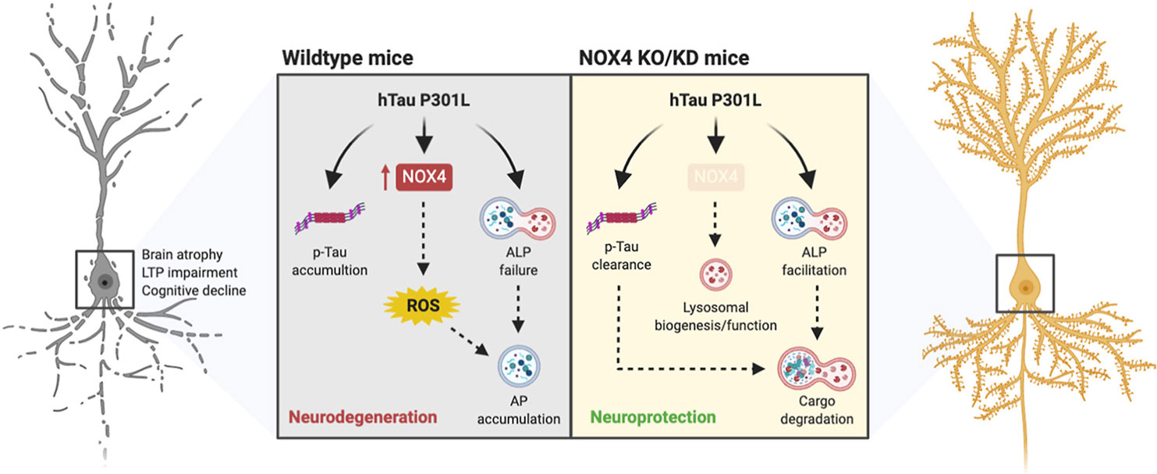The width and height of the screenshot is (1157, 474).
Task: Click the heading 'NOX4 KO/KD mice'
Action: pos(664,59)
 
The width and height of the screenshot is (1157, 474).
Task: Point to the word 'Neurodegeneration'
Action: pos(363,417)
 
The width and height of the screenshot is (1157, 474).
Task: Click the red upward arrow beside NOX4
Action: pos(385,180)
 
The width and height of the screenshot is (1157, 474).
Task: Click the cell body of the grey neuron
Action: pos(103,281)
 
